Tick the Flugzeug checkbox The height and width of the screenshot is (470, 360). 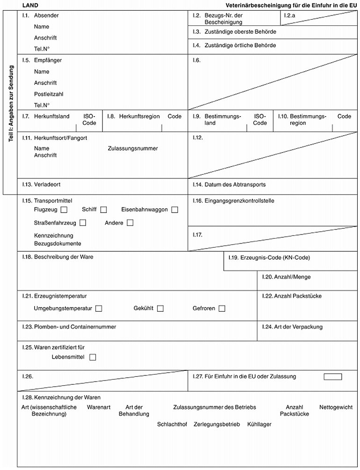(64, 210)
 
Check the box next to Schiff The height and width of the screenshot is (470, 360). (103, 210)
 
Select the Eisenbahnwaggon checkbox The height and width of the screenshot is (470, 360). (175, 210)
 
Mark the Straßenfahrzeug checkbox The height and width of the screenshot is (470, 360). (83, 223)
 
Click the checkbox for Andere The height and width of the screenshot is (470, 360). (130, 223)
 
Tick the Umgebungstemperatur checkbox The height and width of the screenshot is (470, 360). (99, 308)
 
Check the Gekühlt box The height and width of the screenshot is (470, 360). (161, 308)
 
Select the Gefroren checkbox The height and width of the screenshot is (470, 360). (222, 308)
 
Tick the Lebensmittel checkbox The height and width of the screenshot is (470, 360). (93, 358)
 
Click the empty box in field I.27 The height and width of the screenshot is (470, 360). (333, 377)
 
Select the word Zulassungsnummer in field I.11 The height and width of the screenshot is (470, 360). (132, 148)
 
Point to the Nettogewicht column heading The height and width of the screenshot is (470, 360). (336, 407)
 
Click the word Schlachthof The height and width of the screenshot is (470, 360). (172, 424)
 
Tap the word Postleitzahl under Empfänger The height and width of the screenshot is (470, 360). (49, 94)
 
